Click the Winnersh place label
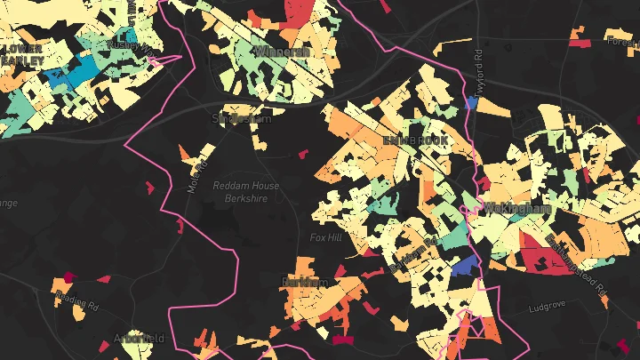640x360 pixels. coord(282,52)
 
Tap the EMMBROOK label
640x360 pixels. coord(417,140)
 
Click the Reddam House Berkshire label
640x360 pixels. coord(246,192)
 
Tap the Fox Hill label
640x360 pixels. coord(324,238)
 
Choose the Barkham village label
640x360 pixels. coord(305,282)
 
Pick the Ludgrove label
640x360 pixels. coord(547,308)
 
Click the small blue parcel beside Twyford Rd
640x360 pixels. coord(471,103)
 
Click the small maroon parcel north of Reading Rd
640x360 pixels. coord(67,277)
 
